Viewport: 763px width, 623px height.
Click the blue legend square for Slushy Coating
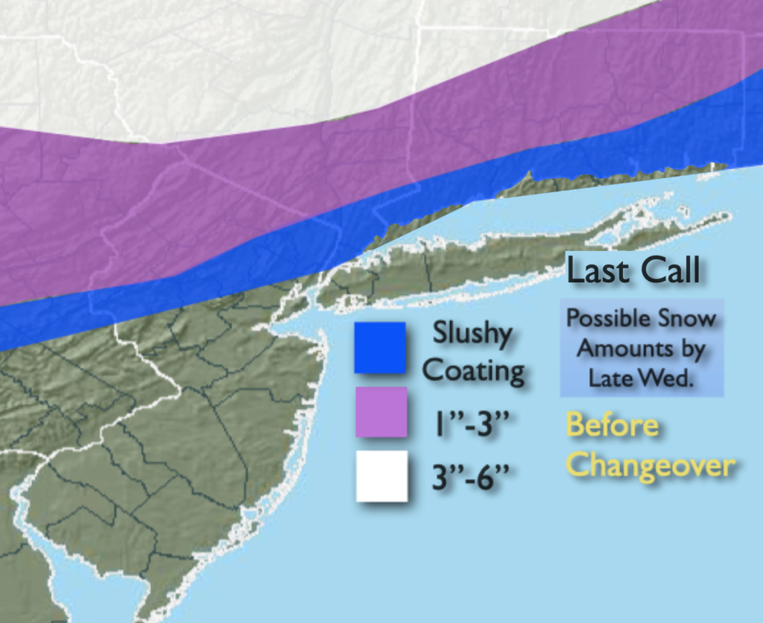(380, 347)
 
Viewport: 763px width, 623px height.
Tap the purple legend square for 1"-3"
(381, 411)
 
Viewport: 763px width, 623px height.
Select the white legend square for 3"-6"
(381, 476)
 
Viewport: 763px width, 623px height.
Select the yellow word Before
(612, 426)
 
